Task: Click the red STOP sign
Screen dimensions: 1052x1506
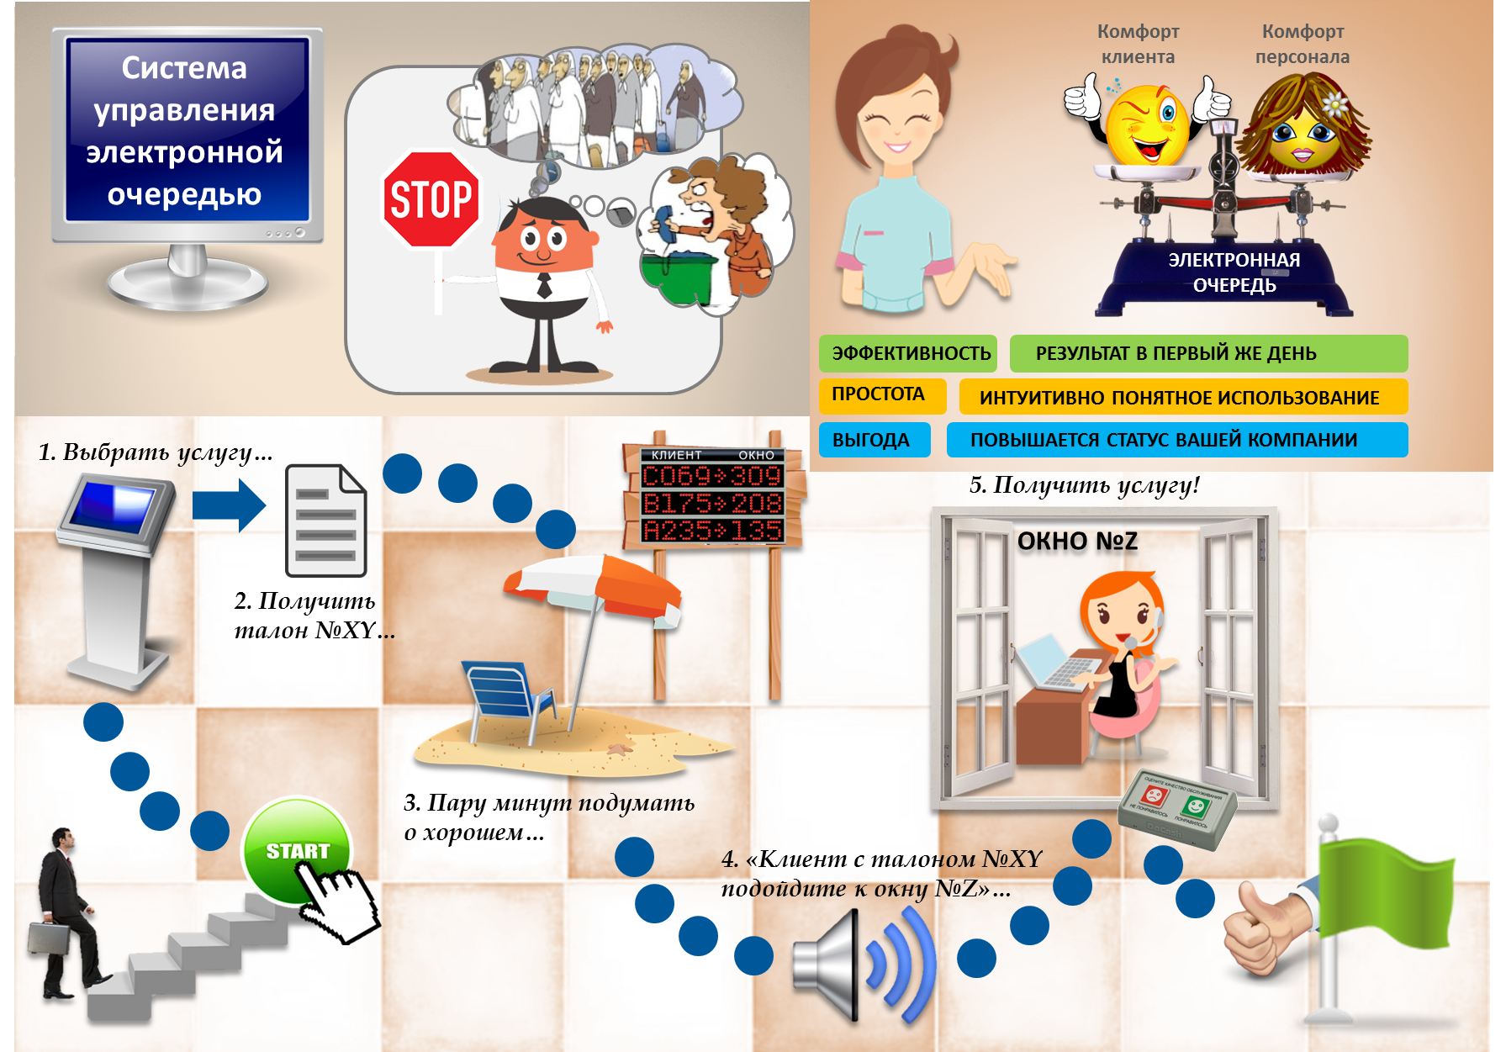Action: pyautogui.click(x=431, y=200)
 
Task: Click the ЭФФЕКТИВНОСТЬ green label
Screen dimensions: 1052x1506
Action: pyautogui.click(x=908, y=353)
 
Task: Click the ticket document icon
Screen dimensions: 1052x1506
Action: pyautogui.click(x=325, y=521)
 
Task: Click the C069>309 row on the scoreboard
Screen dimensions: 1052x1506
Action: pyautogui.click(x=711, y=477)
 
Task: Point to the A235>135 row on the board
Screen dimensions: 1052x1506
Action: pyautogui.click(x=711, y=531)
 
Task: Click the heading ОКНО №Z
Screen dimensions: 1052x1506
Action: pyautogui.click(x=1077, y=541)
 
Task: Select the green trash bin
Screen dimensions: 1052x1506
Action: pyautogui.click(x=677, y=278)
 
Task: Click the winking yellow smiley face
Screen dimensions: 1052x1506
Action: pyautogui.click(x=1147, y=126)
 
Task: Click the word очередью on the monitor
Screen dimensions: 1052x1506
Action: pyautogui.click(x=184, y=194)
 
